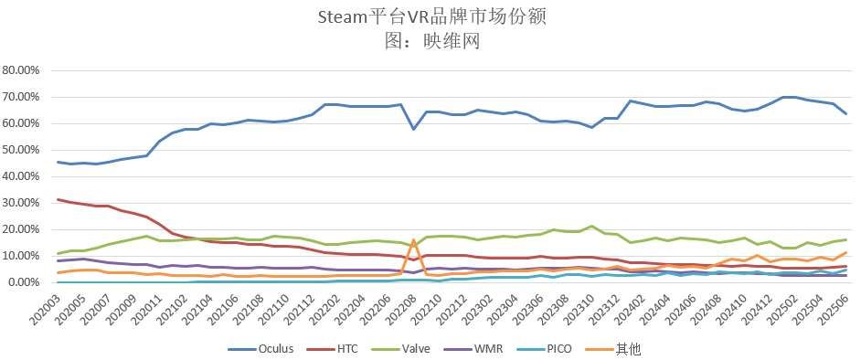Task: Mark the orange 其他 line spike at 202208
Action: (x=414, y=240)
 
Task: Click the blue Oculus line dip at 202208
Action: (x=414, y=129)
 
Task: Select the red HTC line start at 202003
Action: (x=58, y=199)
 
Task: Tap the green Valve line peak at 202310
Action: (x=592, y=226)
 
